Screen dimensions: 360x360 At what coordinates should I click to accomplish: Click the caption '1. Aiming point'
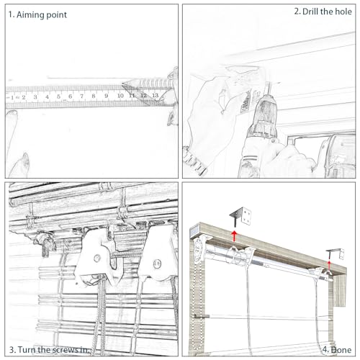37,15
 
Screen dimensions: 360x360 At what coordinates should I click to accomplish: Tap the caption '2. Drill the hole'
323,12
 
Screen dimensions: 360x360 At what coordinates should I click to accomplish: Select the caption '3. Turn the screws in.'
50,349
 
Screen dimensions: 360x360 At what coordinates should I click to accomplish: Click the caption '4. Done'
337,350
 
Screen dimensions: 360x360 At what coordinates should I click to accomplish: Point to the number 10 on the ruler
120,96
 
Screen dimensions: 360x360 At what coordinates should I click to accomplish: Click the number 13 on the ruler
156,95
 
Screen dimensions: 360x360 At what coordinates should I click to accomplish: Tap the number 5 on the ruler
58,96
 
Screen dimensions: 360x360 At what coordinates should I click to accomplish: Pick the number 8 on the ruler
94,96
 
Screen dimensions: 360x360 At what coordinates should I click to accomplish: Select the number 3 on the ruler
35,97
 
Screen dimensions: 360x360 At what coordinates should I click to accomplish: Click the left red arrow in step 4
234,236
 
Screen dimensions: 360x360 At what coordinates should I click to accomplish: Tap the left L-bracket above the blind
240,216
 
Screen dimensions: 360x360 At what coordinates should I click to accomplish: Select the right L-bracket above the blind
336,254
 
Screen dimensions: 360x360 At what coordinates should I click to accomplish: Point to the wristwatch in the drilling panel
195,161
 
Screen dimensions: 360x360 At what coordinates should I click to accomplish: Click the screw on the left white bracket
96,258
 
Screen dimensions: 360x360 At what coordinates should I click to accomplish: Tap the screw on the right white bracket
157,264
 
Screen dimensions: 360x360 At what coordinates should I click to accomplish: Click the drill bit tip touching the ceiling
268,84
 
